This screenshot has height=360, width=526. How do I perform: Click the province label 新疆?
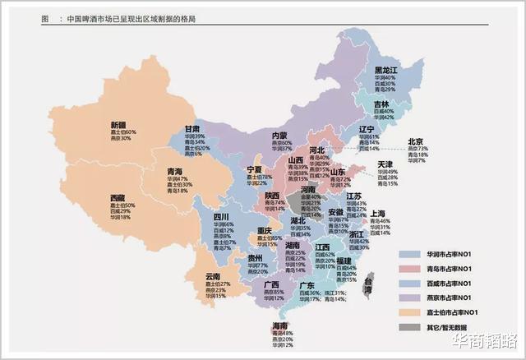(119, 125)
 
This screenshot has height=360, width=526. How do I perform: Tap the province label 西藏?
(119, 198)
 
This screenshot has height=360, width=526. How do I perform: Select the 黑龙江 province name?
(386, 70)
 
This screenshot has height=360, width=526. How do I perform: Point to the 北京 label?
(416, 141)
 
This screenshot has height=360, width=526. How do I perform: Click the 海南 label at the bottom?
(280, 325)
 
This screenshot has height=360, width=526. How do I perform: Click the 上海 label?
(380, 213)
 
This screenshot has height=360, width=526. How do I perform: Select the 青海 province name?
(176, 171)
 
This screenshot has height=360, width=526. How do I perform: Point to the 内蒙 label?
(279, 135)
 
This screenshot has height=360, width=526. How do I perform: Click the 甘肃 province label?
(192, 130)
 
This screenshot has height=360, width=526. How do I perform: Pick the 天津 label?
(385, 164)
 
